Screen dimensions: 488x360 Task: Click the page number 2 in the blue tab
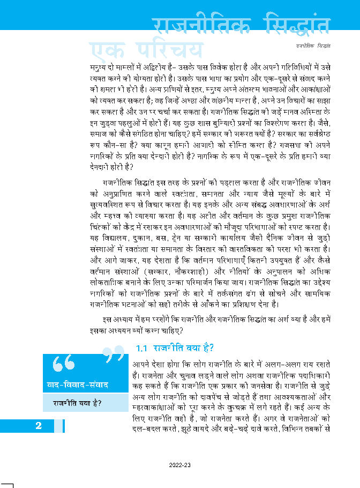click(x=39, y=426)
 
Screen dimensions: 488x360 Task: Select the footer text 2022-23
click(x=179, y=465)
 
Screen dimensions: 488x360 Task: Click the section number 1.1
click(x=141, y=347)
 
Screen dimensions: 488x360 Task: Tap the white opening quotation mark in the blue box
click(x=63, y=365)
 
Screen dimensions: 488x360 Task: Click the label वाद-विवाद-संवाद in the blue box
click(x=78, y=385)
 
